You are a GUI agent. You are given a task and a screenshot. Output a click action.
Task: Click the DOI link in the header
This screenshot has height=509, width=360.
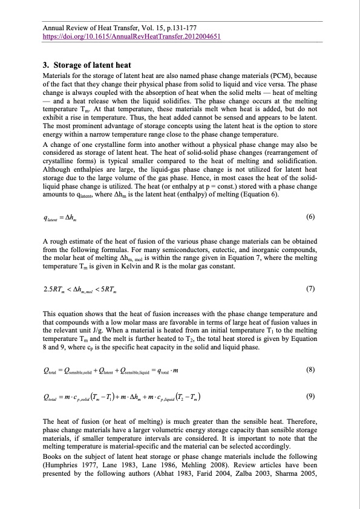point(123,36)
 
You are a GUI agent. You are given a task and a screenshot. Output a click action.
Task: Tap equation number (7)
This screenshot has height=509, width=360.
point(310,288)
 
